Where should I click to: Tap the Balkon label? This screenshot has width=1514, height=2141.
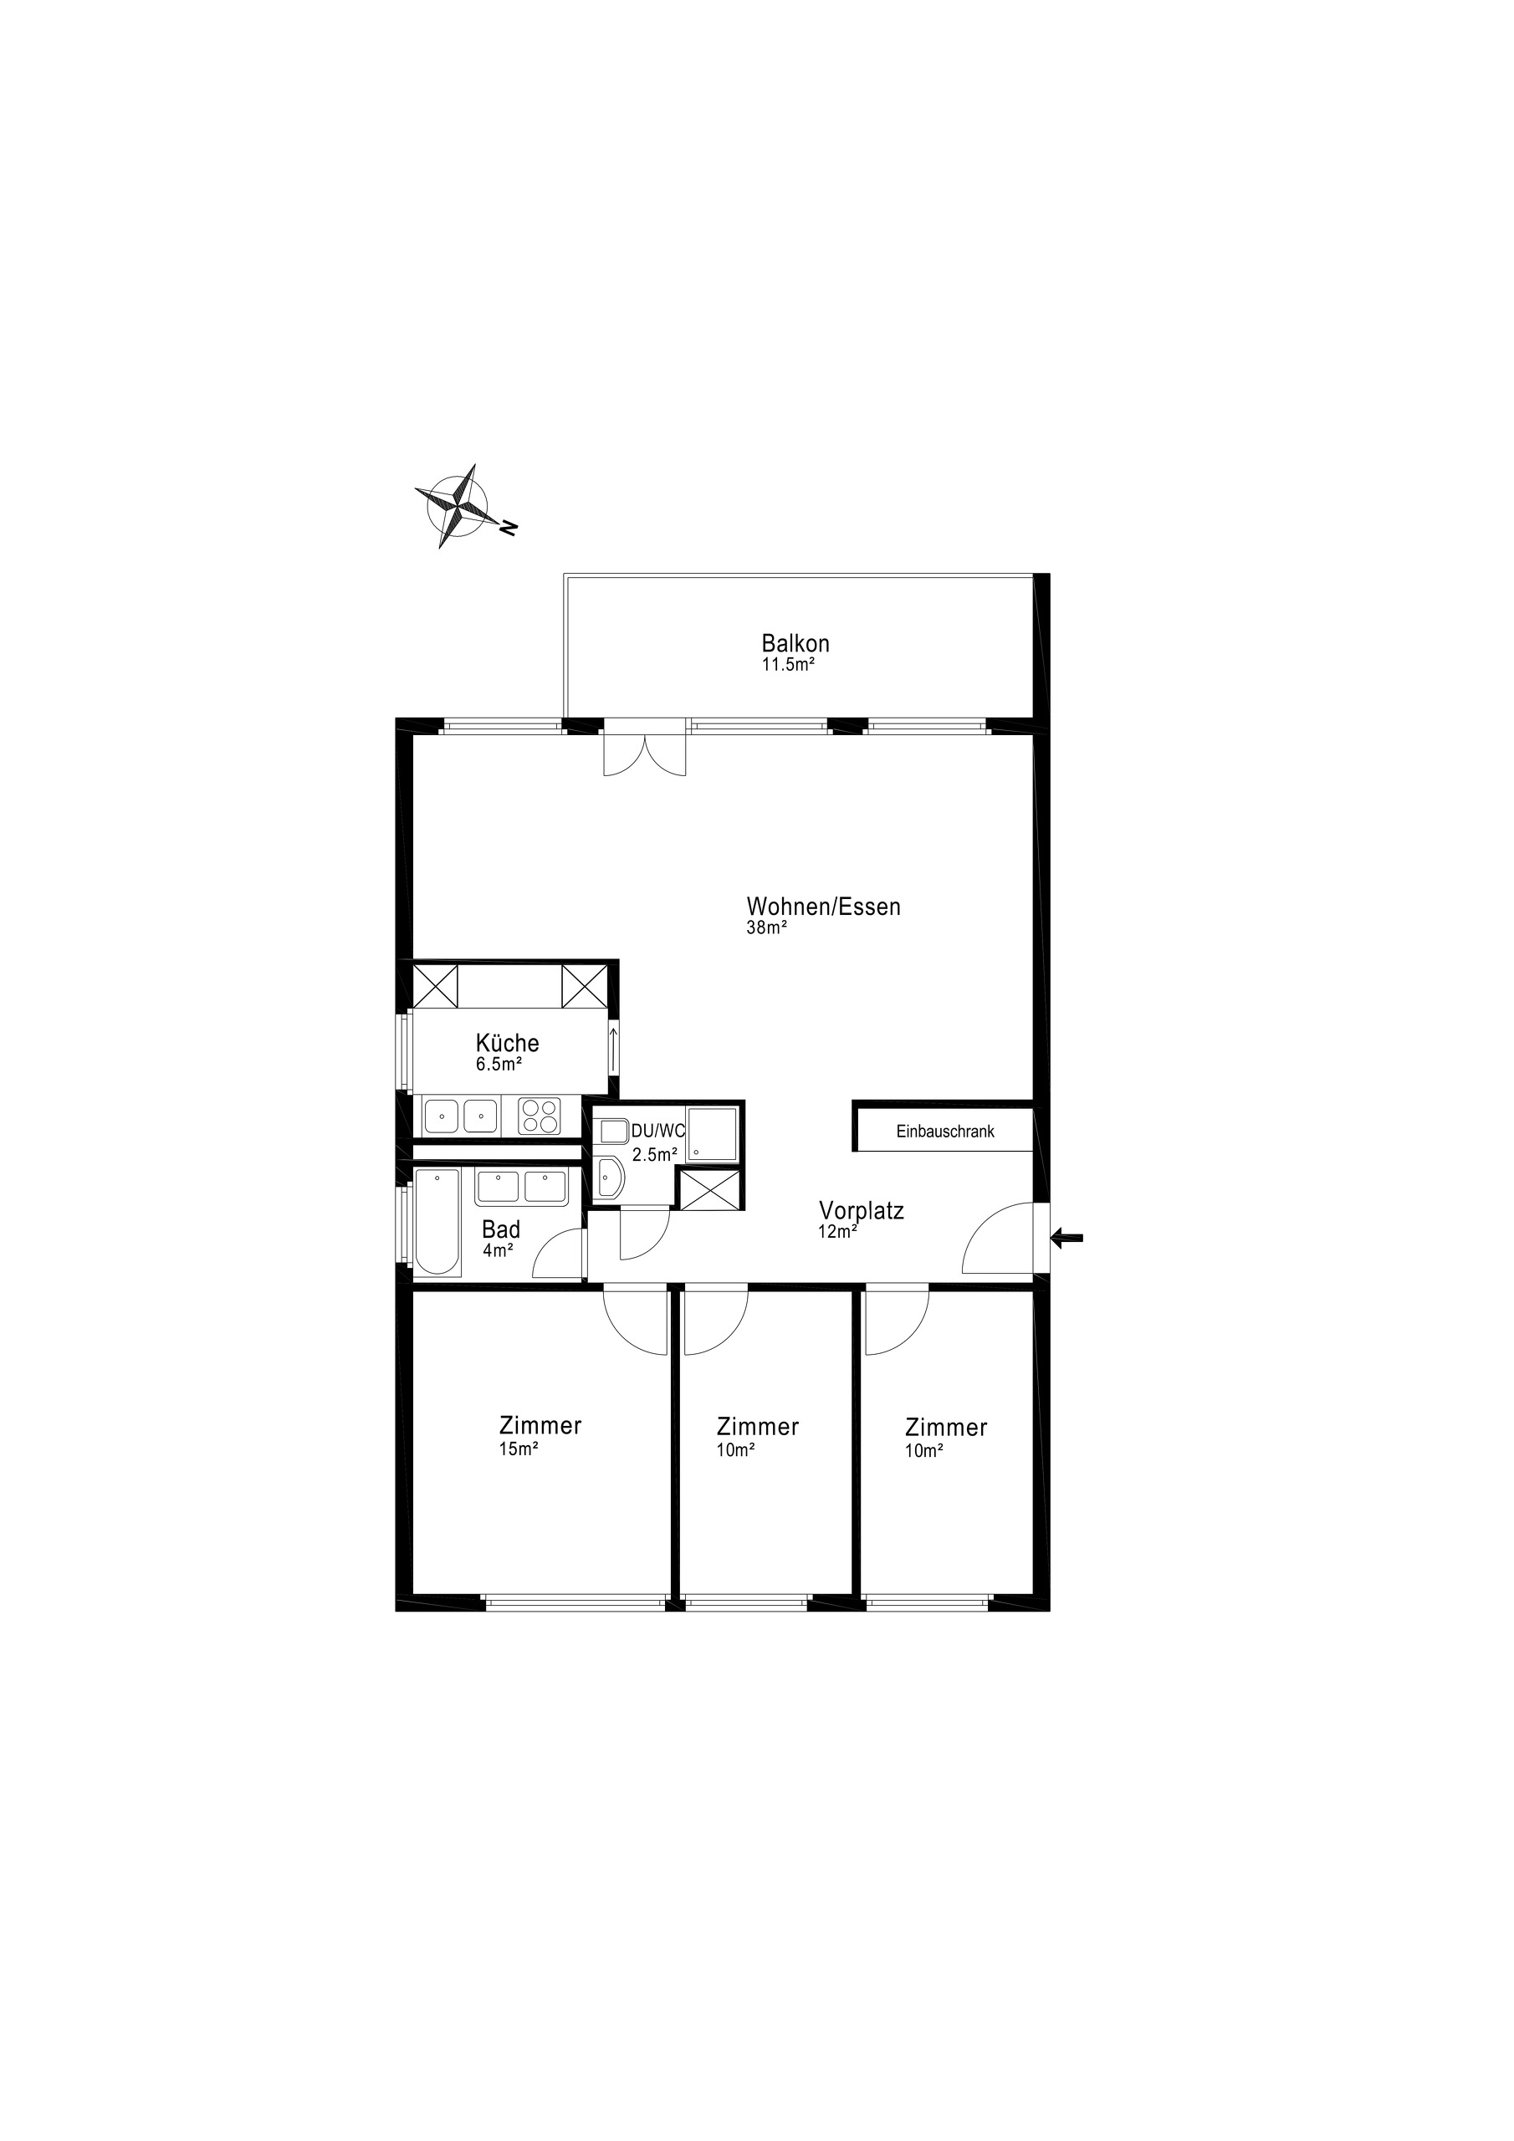coord(795,643)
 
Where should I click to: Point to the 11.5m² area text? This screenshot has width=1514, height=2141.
coord(788,665)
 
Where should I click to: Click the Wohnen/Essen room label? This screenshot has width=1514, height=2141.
coord(823,907)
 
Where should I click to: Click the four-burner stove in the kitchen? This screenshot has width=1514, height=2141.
coord(540,1116)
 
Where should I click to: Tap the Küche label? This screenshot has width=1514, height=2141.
coord(508,1043)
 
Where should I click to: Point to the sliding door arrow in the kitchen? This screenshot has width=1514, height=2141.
coord(613,1049)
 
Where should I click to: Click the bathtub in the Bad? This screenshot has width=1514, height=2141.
coord(437,1224)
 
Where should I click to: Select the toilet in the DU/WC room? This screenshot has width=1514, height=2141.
coord(610,1178)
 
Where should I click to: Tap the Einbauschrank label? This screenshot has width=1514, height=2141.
coord(945,1131)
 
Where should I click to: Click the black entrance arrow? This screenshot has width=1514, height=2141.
coord(1066,1239)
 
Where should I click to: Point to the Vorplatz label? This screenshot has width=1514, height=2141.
coord(861,1210)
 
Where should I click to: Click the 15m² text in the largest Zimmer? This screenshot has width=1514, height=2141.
coord(519,1449)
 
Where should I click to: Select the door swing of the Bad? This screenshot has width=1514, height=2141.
coord(557,1254)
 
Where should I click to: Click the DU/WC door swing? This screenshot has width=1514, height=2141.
coord(644,1233)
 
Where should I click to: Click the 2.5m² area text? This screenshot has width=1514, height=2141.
coord(654,1154)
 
